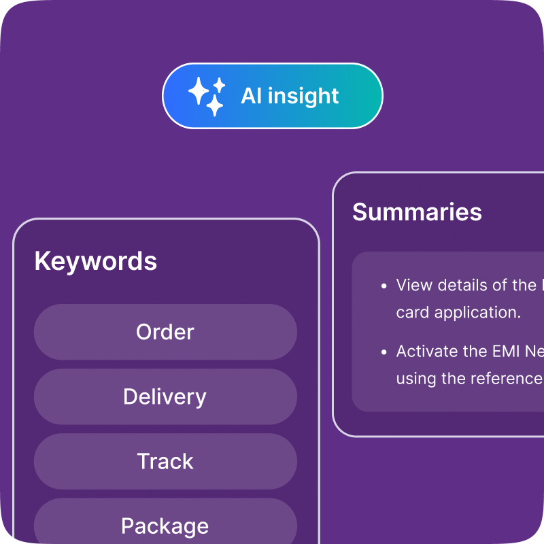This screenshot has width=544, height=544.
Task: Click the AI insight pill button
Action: tap(272, 96)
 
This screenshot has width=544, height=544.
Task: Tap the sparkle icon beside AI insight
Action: tap(206, 96)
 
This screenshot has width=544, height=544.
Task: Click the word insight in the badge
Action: tap(303, 96)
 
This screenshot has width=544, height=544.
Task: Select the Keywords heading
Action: tap(95, 261)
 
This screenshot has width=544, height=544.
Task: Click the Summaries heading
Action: tap(417, 212)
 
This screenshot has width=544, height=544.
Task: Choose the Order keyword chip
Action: tap(165, 332)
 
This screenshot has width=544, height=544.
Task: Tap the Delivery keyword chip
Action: tap(165, 396)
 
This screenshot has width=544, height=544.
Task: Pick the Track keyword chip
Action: tap(165, 461)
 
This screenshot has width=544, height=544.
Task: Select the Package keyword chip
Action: tap(165, 526)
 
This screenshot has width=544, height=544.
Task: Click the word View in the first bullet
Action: tap(414, 285)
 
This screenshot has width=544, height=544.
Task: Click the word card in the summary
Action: tap(412, 313)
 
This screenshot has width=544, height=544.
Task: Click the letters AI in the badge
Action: tap(251, 96)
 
